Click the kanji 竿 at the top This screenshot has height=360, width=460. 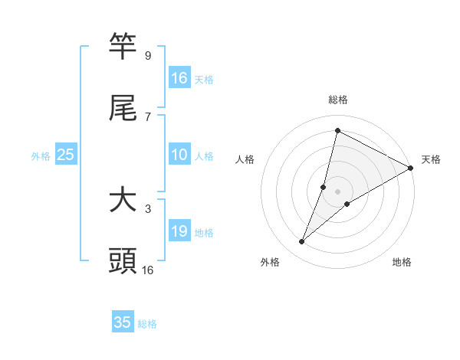tap(123, 47)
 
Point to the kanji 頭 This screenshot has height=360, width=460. tap(123, 260)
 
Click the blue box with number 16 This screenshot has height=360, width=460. tap(179, 78)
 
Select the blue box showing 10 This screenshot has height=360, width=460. tap(179, 155)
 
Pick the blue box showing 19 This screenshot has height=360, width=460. tap(179, 231)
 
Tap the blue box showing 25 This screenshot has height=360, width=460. tap(66, 155)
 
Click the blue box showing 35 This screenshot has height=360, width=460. tap(123, 322)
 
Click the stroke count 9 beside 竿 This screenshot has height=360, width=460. tap(147, 56)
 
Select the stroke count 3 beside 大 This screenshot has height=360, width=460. tap(147, 208)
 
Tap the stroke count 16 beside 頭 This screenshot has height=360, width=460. tap(148, 270)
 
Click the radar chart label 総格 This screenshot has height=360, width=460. tap(338, 100)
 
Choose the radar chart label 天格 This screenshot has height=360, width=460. tap(431, 159)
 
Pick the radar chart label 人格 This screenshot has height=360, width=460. tap(245, 159)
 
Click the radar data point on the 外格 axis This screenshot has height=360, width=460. tap(302, 242)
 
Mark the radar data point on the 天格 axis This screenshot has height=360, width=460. tap(412, 168)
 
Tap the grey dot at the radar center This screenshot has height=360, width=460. tap(338, 191)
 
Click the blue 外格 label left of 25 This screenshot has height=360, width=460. tap(41, 156)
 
